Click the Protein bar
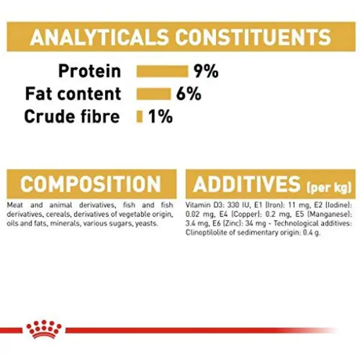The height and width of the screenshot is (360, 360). point(163,71)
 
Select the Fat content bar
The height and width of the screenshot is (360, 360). point(154,94)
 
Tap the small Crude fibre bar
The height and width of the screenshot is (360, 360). point(139,116)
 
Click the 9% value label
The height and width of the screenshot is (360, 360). point(206,71)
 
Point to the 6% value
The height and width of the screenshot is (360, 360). point(189,94)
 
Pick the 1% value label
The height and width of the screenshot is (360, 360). point(160,116)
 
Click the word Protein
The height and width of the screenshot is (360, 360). point(90,71)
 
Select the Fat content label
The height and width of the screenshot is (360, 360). point(73,94)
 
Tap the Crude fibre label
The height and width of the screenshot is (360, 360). point(72,116)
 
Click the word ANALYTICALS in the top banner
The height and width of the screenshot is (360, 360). point(100,37)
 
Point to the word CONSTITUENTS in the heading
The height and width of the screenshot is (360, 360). point(253,37)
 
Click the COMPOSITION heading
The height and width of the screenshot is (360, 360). point(91,184)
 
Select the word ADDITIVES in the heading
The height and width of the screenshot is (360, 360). point(247,184)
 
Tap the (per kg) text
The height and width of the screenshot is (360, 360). point(329,187)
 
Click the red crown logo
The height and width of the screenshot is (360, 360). point(44,329)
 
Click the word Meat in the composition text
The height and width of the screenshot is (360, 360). point(15,205)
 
